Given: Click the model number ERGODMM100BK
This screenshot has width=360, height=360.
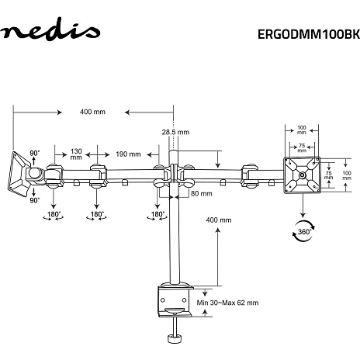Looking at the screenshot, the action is (x=309, y=34).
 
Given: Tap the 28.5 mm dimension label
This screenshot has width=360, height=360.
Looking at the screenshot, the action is (x=175, y=132).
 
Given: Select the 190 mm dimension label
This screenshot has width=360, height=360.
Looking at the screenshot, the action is (x=128, y=154).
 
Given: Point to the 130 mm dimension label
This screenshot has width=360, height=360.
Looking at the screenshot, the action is (x=76, y=154).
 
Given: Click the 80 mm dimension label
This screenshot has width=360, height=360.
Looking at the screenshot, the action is (x=202, y=193).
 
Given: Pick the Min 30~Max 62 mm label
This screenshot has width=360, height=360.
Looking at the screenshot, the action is (x=227, y=303).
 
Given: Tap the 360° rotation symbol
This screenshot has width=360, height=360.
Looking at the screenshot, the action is (x=303, y=231).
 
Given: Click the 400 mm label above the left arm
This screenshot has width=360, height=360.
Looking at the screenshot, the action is (x=92, y=112).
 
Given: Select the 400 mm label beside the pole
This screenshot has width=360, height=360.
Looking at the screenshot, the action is (x=219, y=220).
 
